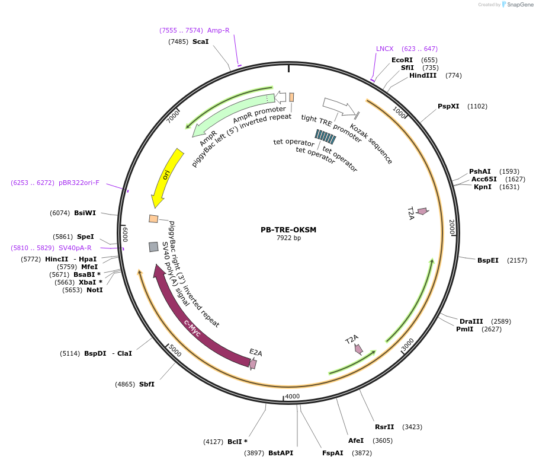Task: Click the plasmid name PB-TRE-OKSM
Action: pyautogui.click(x=288, y=230)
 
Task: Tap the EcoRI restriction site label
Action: pyautogui.click(x=402, y=60)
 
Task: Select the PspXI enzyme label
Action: pyautogui.click(x=448, y=106)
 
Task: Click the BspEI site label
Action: pyautogui.click(x=488, y=260)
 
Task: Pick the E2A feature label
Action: pyautogui.click(x=256, y=353)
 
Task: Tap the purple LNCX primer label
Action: pyautogui.click(x=384, y=49)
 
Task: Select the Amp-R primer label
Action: pyautogui.click(x=219, y=30)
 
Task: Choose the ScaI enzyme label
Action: pyautogui.click(x=200, y=41)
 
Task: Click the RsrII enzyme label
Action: pyautogui.click(x=384, y=427)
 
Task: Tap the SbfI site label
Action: pyautogui.click(x=147, y=384)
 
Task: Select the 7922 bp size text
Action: pyautogui.click(x=288, y=238)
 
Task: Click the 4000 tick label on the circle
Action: pyautogui.click(x=293, y=396)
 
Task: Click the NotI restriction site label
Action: pyautogui.click(x=94, y=290)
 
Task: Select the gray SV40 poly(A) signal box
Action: pyautogui.click(x=153, y=247)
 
